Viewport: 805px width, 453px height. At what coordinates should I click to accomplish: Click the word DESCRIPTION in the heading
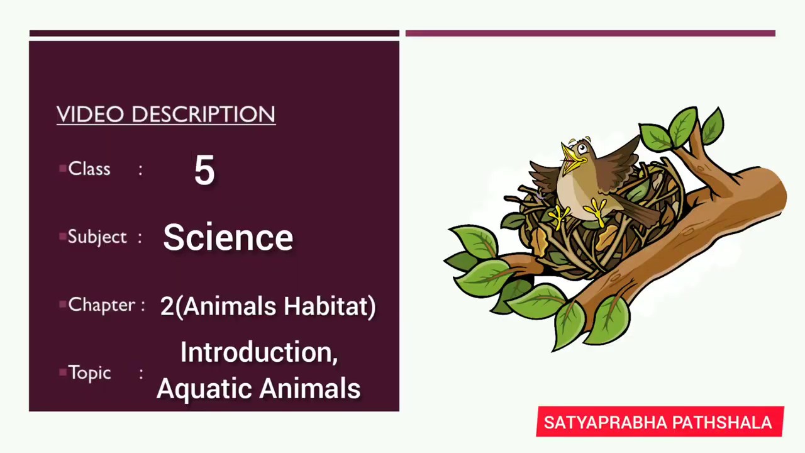point(203,115)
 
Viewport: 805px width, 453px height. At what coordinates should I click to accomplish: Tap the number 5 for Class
point(204,171)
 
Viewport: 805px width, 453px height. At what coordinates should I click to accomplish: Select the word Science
point(228,238)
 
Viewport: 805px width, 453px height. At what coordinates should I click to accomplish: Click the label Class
point(89,169)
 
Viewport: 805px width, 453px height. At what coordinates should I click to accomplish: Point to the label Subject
point(97,237)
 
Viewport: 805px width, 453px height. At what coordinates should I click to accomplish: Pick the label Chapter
point(101,305)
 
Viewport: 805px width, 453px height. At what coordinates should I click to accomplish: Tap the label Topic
point(89,373)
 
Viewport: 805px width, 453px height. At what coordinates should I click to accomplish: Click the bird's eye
point(583,149)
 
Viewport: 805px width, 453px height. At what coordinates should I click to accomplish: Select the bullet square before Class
point(62,168)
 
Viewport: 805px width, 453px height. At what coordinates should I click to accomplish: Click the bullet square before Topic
point(62,372)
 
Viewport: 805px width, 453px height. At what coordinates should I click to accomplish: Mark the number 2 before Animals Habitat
point(167,306)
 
